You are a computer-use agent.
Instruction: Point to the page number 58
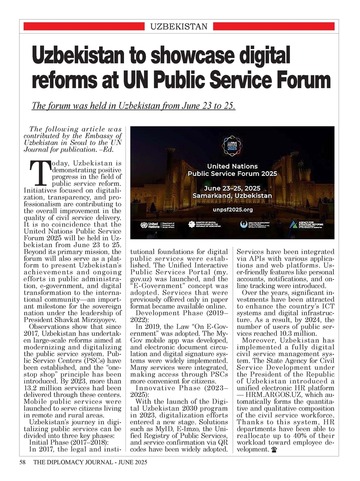pos(22,463)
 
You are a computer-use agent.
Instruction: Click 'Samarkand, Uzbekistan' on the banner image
pos(232,195)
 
